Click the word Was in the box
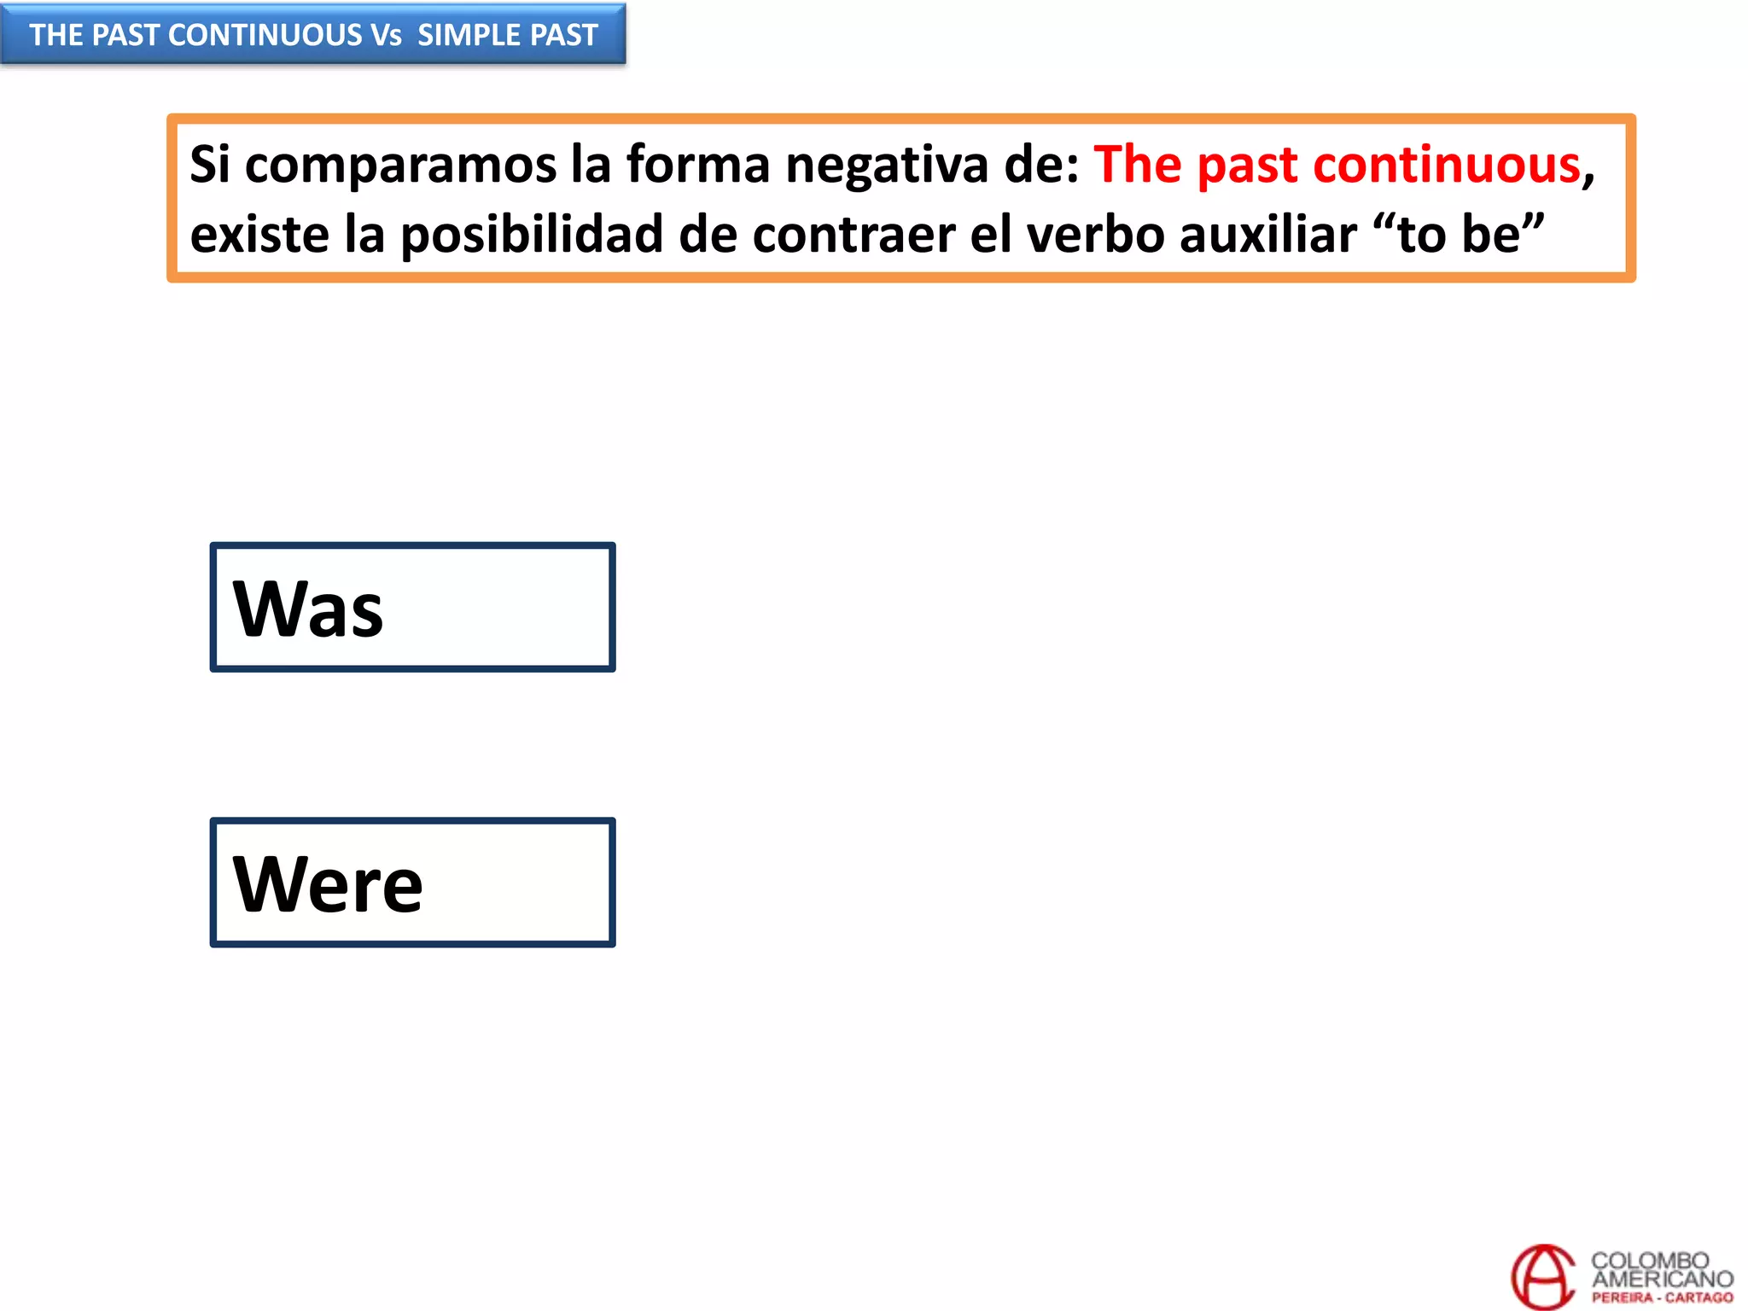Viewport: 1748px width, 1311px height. click(308, 609)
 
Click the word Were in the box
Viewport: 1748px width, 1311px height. click(328, 884)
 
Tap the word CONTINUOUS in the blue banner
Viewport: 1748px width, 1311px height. click(265, 35)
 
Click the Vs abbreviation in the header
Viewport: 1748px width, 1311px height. click(386, 35)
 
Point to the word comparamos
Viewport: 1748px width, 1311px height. click(400, 164)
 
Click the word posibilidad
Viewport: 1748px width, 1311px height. click(531, 234)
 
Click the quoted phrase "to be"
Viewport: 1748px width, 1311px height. click(1463, 234)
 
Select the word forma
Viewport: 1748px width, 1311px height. click(698, 164)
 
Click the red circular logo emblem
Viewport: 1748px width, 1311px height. click(1542, 1277)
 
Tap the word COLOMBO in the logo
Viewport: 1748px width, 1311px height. click(1649, 1261)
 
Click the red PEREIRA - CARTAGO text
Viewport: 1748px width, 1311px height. click(1662, 1297)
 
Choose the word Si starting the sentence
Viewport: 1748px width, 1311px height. click(210, 164)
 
